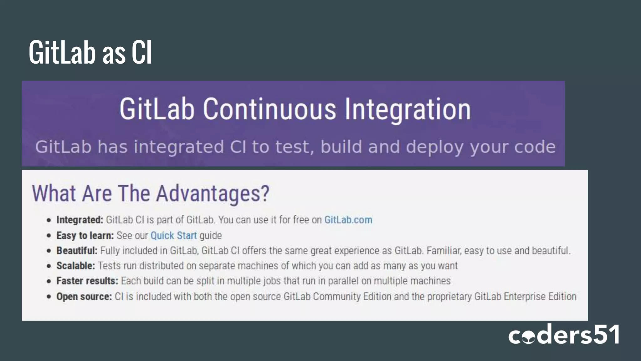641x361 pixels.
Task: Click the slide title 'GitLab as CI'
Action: tap(90, 52)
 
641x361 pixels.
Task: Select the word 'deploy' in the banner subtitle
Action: tap(434, 147)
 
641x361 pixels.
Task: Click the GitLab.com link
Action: tap(348, 220)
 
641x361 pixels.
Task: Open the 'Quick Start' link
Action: tap(173, 235)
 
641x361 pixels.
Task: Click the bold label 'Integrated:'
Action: tap(79, 220)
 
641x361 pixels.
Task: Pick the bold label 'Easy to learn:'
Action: tap(85, 235)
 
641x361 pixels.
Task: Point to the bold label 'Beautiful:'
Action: tap(77, 251)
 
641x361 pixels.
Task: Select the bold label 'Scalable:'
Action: tap(75, 266)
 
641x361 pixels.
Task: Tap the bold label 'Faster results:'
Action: tap(87, 281)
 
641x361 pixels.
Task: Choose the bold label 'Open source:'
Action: tap(84, 296)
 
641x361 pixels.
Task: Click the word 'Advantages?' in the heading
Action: tap(213, 193)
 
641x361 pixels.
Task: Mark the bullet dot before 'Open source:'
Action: tap(49, 296)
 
